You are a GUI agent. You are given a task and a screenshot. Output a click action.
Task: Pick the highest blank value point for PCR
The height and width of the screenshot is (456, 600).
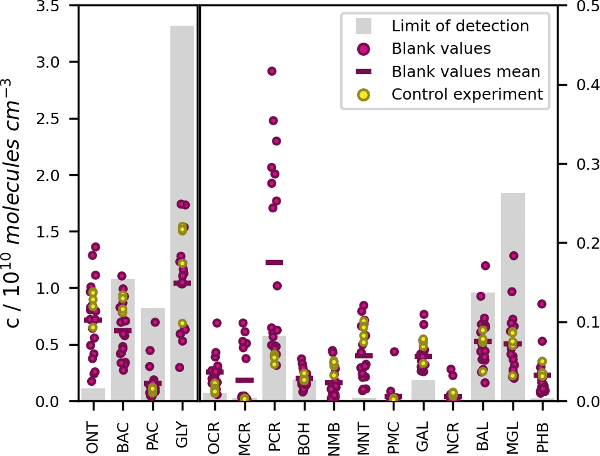pos(272,71)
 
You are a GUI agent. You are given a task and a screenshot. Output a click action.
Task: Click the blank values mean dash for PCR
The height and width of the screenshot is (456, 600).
pos(274,262)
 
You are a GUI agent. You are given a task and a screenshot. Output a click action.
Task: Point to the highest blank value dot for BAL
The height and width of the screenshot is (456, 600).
pos(485,266)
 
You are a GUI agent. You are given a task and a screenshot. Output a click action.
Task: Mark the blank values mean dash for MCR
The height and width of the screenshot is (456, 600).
pos(244,380)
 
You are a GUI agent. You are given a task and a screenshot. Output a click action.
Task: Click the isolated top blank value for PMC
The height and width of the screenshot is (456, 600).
pos(395,352)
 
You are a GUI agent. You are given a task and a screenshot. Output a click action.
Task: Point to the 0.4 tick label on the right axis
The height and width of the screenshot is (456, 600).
pos(581,85)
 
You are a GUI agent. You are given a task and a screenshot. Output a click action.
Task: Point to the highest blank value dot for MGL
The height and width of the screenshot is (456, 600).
pos(514,256)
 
